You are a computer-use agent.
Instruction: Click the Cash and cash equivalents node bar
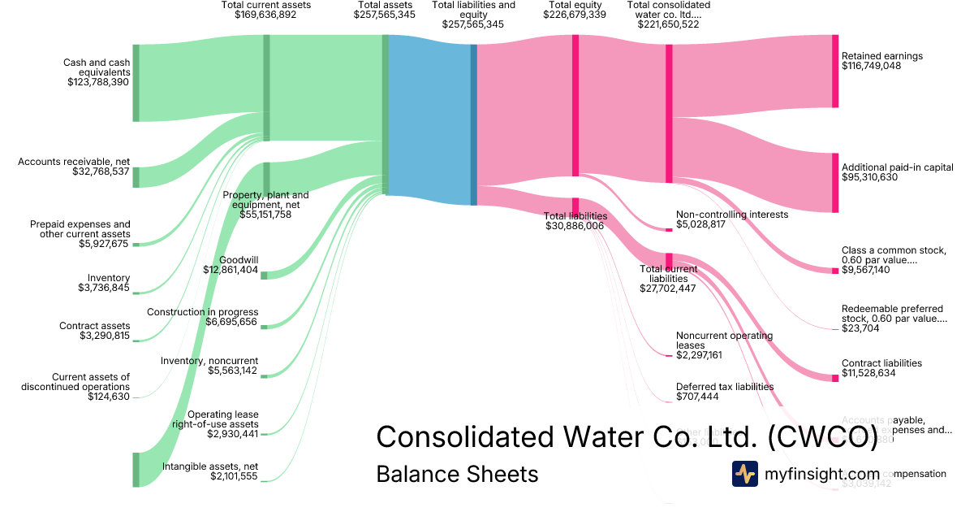(x=136, y=83)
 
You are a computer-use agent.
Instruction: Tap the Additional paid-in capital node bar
(x=834, y=182)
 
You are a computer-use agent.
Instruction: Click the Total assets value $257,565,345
(x=385, y=15)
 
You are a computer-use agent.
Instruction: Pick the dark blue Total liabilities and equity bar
(x=474, y=124)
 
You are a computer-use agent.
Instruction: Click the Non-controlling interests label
(x=731, y=215)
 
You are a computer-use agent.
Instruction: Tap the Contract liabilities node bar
(x=834, y=378)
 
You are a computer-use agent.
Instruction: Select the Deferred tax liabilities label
(x=725, y=387)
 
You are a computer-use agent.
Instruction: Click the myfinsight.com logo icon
(x=745, y=474)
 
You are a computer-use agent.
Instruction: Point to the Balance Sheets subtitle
(x=457, y=474)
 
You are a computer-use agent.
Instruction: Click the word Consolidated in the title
(x=466, y=437)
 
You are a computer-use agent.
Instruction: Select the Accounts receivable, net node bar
(x=136, y=177)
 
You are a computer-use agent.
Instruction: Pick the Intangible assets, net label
(x=210, y=466)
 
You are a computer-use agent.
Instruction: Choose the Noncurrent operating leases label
(x=724, y=340)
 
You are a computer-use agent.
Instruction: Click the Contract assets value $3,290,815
(x=105, y=336)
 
